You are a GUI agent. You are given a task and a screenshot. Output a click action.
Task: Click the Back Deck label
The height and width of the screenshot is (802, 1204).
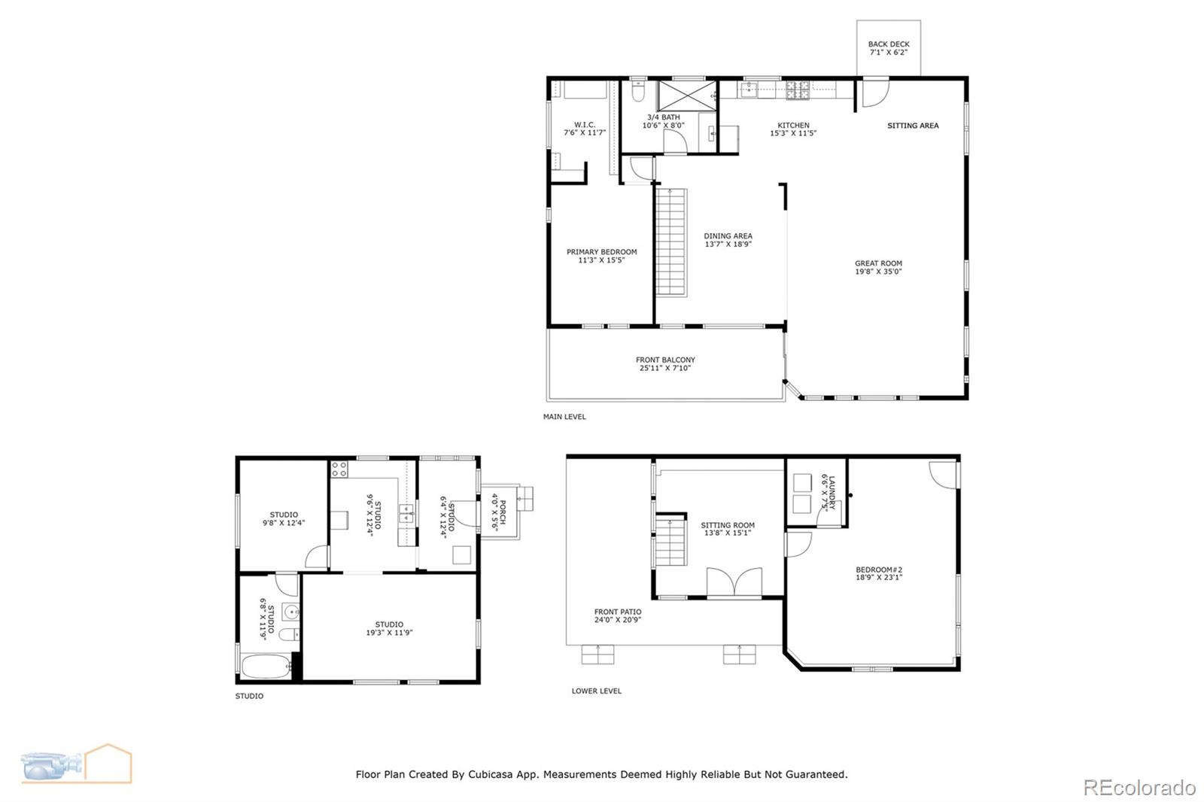click(x=888, y=44)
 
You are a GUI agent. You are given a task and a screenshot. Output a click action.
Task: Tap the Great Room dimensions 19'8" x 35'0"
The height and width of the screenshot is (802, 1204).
click(x=878, y=272)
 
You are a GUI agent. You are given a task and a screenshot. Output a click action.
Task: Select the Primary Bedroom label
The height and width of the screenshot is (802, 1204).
click(x=601, y=252)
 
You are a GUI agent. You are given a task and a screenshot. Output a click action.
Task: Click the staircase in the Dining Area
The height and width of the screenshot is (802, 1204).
click(x=671, y=242)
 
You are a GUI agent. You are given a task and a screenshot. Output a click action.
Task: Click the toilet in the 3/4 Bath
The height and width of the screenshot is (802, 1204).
click(x=638, y=92)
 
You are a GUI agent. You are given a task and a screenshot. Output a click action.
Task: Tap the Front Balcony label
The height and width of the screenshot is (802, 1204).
click(x=665, y=360)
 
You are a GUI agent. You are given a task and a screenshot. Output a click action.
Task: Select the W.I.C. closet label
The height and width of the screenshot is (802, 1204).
click(x=585, y=125)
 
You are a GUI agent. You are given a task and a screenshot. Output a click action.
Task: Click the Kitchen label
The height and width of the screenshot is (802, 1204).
click(x=793, y=126)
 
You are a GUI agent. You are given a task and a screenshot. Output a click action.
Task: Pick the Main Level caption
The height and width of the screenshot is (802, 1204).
click(x=564, y=417)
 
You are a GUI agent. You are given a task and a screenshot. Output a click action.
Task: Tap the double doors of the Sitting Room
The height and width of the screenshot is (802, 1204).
click(x=734, y=583)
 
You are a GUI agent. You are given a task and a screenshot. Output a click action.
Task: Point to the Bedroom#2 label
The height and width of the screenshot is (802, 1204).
click(x=878, y=570)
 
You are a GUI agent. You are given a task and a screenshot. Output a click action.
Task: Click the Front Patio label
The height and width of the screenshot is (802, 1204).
click(x=617, y=612)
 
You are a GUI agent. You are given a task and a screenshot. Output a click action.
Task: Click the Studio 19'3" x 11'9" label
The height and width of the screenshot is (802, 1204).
click(x=389, y=624)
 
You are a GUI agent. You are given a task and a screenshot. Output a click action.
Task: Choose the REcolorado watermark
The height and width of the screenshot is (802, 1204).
click(x=1139, y=788)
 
